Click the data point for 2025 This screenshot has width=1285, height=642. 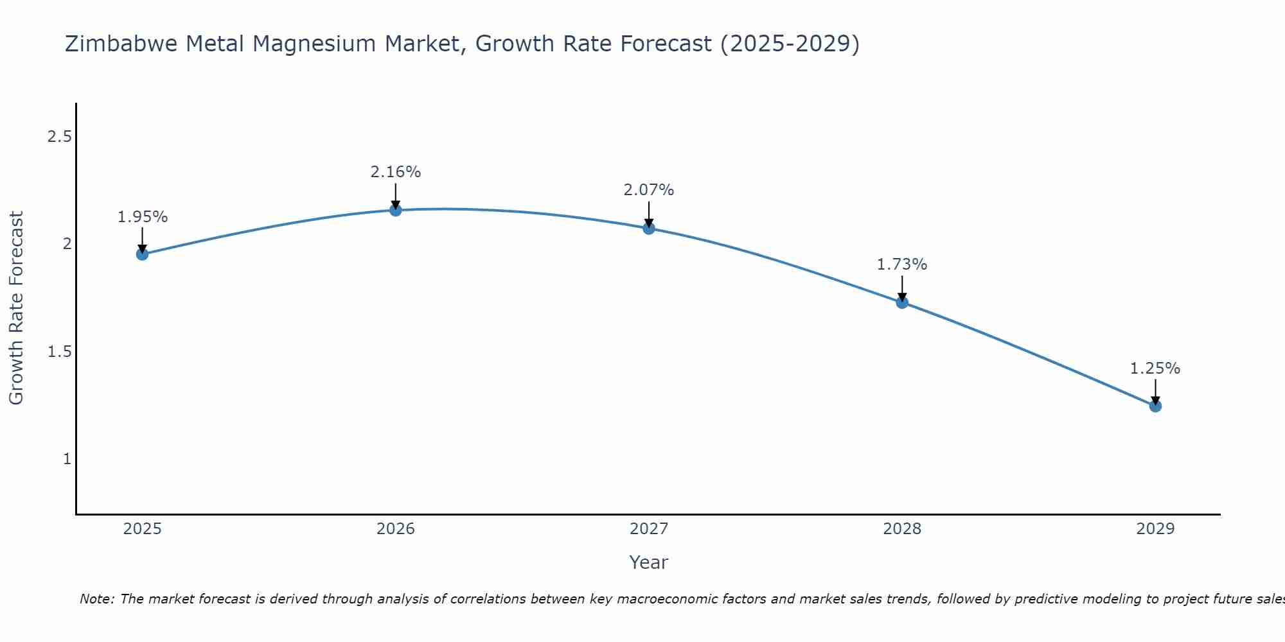click(x=142, y=254)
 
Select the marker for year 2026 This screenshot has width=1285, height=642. click(x=396, y=210)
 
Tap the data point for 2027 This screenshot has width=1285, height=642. click(x=649, y=228)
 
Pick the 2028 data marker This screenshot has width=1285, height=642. click(x=902, y=302)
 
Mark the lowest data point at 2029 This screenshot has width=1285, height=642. click(x=1155, y=406)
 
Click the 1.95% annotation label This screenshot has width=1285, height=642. click(x=142, y=217)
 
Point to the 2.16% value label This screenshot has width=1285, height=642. click(x=396, y=172)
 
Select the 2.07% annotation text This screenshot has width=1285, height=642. click(x=649, y=190)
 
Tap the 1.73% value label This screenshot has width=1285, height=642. click(x=902, y=265)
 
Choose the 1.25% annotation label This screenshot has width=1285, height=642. click(x=1155, y=369)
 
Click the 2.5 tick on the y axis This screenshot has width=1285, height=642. click(x=59, y=137)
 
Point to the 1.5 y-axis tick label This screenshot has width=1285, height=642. click(x=59, y=352)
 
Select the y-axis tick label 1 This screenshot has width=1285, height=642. click(x=67, y=459)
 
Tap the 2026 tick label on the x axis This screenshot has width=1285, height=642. click(x=396, y=529)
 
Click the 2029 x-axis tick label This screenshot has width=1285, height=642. click(x=1155, y=529)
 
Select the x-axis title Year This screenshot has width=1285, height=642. click(x=649, y=562)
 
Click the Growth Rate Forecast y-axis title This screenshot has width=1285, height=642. click(x=16, y=308)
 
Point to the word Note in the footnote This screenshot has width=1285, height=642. click(x=96, y=599)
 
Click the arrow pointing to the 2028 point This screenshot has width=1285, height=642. click(x=902, y=288)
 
